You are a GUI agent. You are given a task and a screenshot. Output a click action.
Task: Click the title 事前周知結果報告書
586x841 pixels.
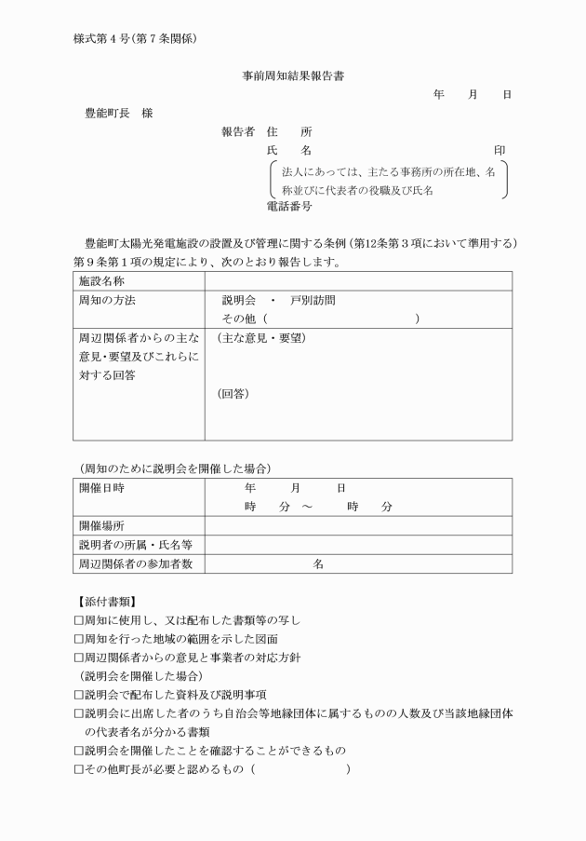point(294,75)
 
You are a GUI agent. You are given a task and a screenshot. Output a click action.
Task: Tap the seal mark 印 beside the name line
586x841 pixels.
point(499,150)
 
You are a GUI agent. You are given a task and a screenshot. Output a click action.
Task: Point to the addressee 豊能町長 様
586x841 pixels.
point(119,113)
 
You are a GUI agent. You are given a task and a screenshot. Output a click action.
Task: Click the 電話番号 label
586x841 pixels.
point(289,207)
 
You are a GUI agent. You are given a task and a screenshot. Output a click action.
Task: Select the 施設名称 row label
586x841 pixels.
point(102,280)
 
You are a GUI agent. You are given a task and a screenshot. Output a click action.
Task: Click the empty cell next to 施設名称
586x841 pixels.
point(357,280)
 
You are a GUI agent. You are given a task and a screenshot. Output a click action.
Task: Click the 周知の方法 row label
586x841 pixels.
point(108,300)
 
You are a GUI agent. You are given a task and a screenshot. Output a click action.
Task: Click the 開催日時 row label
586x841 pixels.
point(102,487)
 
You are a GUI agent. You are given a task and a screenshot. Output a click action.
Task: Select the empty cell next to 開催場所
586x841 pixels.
point(357,525)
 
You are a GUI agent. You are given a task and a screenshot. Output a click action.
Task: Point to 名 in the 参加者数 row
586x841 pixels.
point(318,563)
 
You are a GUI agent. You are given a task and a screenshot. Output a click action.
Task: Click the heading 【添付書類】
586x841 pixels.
point(109,602)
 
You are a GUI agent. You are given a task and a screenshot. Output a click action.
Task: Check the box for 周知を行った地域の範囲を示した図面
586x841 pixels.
point(79,639)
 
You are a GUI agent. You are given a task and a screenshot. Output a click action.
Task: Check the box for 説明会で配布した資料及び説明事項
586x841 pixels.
point(79,695)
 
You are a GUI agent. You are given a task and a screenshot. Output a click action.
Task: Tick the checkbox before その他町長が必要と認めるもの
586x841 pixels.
point(79,769)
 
